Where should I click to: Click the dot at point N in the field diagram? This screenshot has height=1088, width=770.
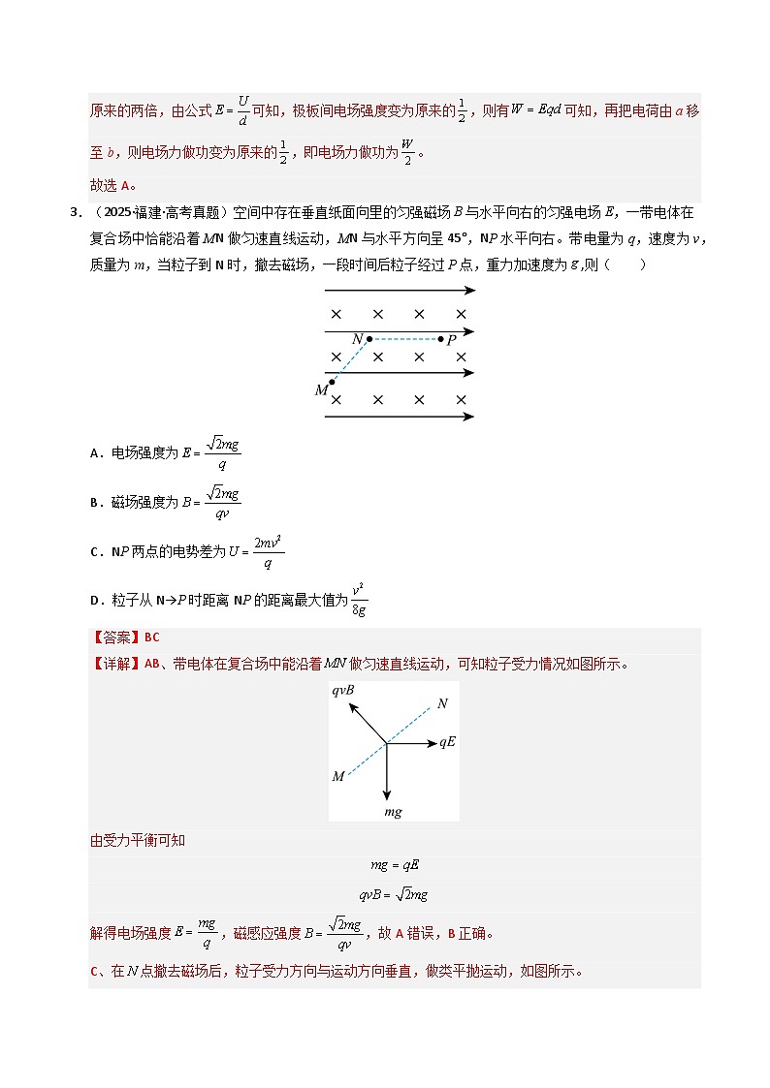point(369,340)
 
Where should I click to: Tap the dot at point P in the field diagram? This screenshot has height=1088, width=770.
point(440,340)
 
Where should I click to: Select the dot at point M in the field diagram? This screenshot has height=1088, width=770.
point(333,382)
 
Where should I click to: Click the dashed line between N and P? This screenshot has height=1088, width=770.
point(404,340)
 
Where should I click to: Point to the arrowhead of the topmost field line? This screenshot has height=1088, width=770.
point(469,290)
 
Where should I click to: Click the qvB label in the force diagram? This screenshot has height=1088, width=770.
point(343,692)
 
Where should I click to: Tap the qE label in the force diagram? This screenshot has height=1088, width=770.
point(447,742)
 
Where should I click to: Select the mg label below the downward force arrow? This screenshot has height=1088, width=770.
point(393,810)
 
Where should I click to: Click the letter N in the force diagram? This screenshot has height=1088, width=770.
point(442,703)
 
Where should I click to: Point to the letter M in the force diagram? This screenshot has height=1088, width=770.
point(338,776)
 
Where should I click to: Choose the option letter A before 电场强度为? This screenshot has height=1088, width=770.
point(94,452)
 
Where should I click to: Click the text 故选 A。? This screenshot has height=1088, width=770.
point(113,185)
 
